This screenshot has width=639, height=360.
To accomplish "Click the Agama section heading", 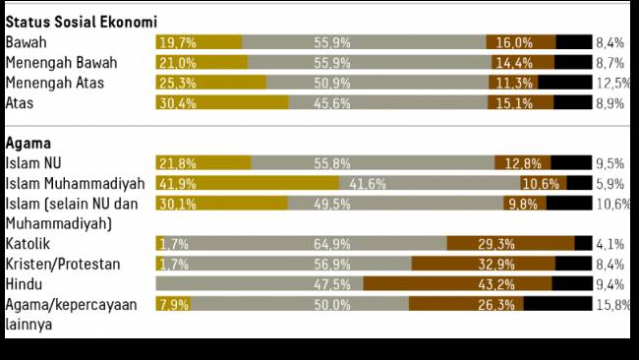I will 30,143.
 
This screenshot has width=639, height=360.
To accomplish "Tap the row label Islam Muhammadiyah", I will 75,184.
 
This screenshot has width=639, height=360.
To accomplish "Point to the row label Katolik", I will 29,243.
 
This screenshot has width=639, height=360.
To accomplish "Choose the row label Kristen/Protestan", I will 63,264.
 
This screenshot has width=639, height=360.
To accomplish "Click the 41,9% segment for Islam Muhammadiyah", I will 247,184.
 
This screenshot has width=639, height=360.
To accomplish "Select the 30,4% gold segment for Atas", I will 222,103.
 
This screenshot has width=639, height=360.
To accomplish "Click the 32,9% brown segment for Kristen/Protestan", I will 483,264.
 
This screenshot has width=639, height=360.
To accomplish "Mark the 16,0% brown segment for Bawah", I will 520,42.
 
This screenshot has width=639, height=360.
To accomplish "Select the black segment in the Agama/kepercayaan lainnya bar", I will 557,305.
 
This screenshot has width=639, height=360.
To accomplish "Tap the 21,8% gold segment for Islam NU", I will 203,163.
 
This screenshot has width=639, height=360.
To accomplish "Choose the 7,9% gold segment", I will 174,305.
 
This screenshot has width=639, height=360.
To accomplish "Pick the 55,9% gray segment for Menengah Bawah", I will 369,62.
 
